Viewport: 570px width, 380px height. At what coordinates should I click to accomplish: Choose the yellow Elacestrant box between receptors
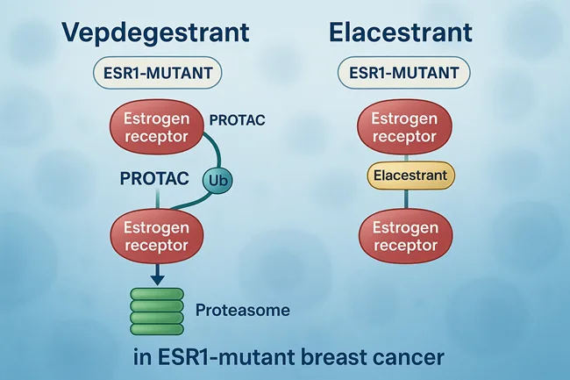click(410, 176)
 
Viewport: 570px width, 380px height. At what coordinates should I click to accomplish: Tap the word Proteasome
click(243, 310)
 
